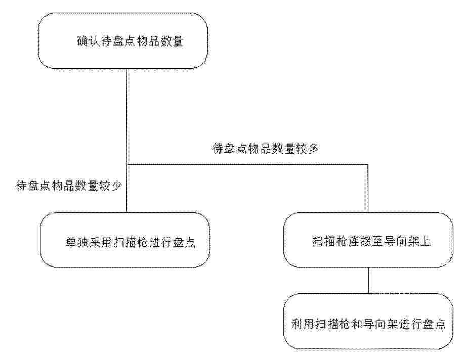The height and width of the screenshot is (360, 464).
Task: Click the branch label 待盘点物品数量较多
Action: pos(266,149)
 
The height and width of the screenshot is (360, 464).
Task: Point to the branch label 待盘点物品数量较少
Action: pos(68,186)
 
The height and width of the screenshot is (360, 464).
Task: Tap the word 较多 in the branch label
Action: pos(307,149)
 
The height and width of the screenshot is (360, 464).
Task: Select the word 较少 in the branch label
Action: pos(110,186)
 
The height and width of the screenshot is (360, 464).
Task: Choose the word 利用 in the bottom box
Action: pos(303,324)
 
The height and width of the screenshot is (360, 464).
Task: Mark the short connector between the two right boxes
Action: pos(368,281)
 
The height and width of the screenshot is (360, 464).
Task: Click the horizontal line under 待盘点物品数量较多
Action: pos(247,164)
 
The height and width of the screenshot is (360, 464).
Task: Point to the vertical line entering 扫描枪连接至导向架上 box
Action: pos(368,188)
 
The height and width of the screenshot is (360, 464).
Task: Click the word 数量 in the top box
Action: pos(172,41)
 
